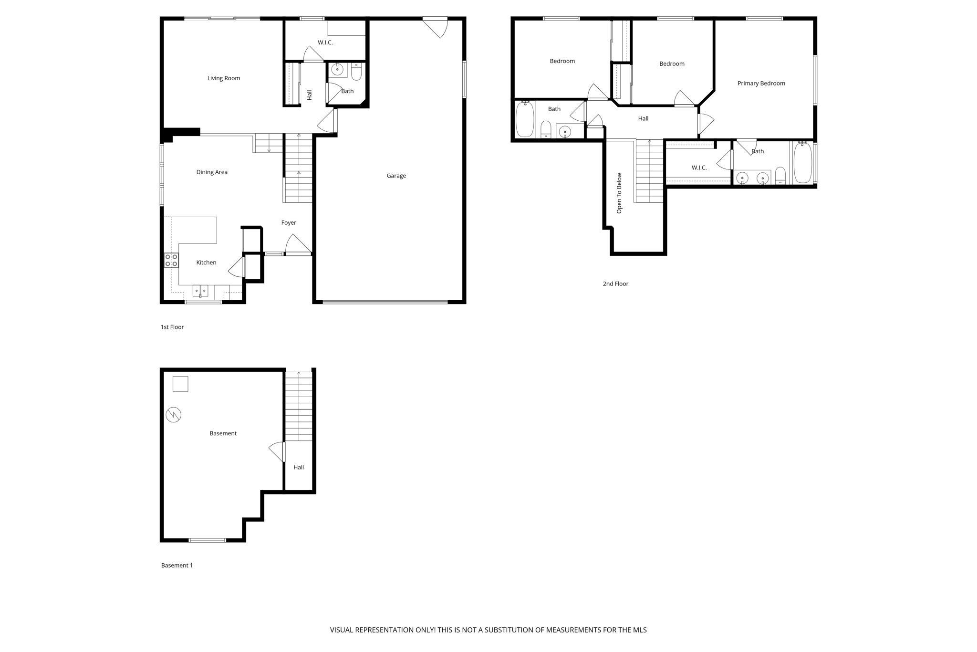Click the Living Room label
point(223,78)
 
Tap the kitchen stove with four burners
point(171,261)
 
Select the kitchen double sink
point(200,291)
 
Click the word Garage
point(396,176)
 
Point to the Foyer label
point(288,223)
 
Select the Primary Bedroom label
point(761,84)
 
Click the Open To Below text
point(619,193)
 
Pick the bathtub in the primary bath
point(803,163)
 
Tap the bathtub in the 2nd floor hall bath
point(525,119)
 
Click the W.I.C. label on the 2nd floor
point(699,168)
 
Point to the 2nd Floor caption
point(615,284)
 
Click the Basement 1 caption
point(177,566)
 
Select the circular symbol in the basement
point(174,414)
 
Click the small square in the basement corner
point(180,384)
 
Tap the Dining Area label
point(212,172)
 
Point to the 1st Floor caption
point(172,327)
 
